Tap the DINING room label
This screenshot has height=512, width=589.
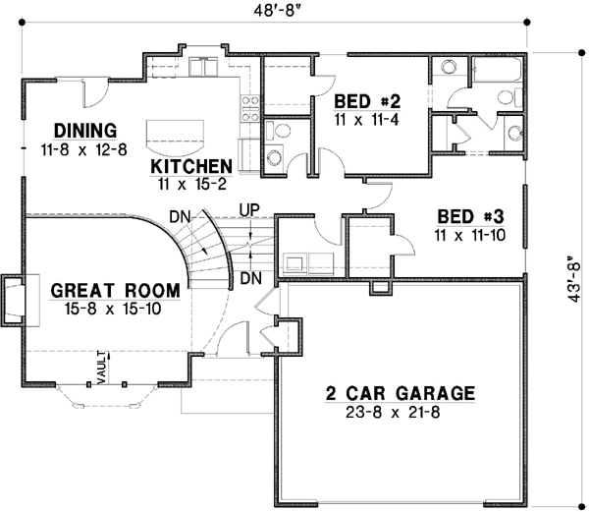pos(85,130)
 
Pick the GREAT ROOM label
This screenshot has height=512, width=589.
pos(115,290)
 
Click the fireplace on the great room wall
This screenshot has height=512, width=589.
pos(15,300)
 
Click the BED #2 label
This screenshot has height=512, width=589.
pos(367,100)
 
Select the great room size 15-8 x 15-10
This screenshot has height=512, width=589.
pos(115,308)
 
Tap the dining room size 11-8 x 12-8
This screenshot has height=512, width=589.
pos(85,148)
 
